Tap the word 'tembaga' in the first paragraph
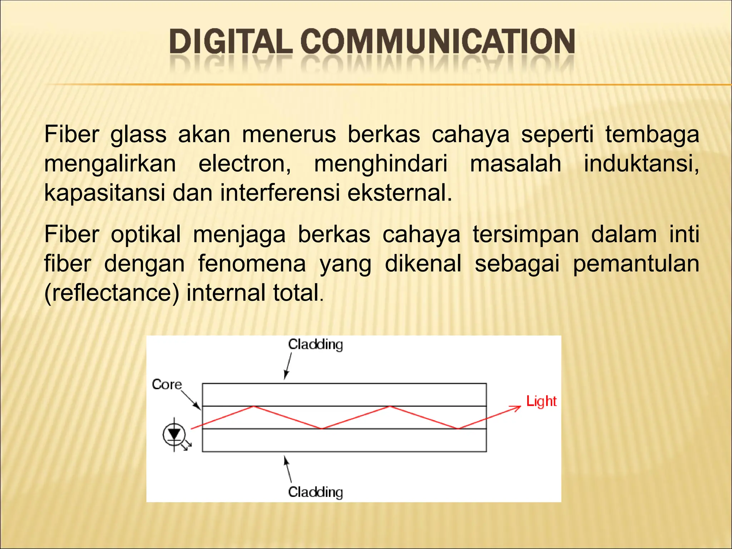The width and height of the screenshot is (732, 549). pyautogui.click(x=652, y=135)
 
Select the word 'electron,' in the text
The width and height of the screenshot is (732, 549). pyautogui.click(x=245, y=164)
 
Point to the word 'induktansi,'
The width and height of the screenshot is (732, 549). pyautogui.click(x=641, y=164)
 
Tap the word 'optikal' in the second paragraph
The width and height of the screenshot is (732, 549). pyautogui.click(x=146, y=235)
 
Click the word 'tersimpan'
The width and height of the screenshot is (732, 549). pyautogui.click(x=526, y=235)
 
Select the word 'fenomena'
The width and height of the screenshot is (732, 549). pyautogui.click(x=252, y=264)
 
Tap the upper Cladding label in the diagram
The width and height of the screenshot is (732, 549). pyautogui.click(x=315, y=345)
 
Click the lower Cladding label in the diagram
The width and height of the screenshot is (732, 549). pyautogui.click(x=315, y=492)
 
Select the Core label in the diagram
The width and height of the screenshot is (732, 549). pyautogui.click(x=167, y=385)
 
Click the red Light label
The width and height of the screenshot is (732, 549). pyautogui.click(x=541, y=401)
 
